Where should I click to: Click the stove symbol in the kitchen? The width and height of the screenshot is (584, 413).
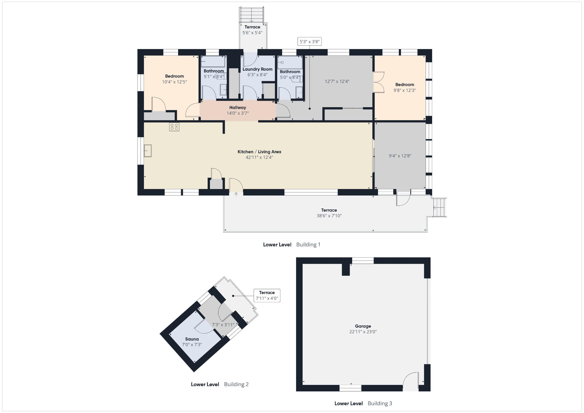pyautogui.click(x=174, y=127)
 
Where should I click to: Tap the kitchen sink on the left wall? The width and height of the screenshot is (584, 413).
pyautogui.click(x=148, y=151)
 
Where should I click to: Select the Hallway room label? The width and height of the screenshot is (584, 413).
pyautogui.click(x=238, y=107)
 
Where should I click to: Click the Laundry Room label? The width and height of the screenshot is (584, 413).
pyautogui.click(x=258, y=69)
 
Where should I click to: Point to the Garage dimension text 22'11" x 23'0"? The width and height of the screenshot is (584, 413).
pyautogui.click(x=363, y=332)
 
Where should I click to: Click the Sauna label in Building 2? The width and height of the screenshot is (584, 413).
pyautogui.click(x=192, y=339)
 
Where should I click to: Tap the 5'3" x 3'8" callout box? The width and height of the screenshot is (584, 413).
pyautogui.click(x=310, y=42)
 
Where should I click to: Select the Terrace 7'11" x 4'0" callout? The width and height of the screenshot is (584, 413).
pyautogui.click(x=267, y=296)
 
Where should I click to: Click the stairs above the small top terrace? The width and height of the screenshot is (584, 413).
pyautogui.click(x=251, y=15)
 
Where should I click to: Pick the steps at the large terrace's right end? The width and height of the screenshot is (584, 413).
pyautogui.click(x=439, y=208)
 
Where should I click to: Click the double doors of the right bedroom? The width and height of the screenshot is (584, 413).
pyautogui.click(x=378, y=82)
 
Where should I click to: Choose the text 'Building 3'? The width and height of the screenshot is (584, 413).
pyautogui.click(x=380, y=403)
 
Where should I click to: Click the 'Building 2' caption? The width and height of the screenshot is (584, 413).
pyautogui.click(x=236, y=384)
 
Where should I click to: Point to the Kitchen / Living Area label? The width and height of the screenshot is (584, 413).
pyautogui.click(x=259, y=152)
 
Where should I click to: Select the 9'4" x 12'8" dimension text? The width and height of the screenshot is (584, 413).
pyautogui.click(x=400, y=156)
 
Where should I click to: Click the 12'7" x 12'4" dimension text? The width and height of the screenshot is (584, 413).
pyautogui.click(x=337, y=81)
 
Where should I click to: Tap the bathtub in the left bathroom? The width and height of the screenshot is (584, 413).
pyautogui.click(x=213, y=62)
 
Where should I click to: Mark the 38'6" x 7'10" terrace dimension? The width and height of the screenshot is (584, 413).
pyautogui.click(x=329, y=216)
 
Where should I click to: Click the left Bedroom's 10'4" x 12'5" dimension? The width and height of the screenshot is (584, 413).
pyautogui.click(x=174, y=82)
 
